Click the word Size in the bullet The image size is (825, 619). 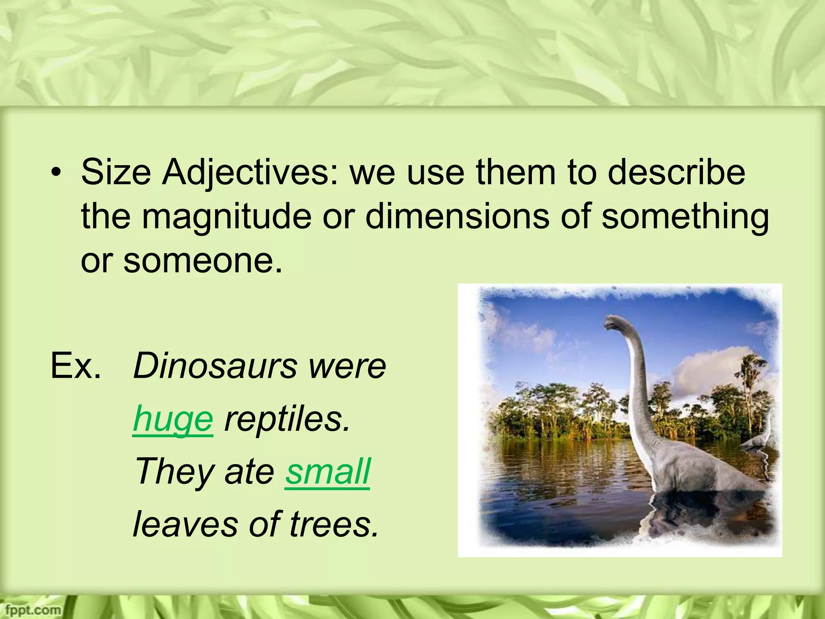pos(116,172)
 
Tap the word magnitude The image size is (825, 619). pos(226,216)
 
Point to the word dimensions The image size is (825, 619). pos(457,216)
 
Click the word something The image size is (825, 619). pos(685,216)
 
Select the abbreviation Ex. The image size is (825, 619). pos(75,366)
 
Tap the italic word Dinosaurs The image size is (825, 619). pos(214,366)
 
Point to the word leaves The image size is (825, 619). pos(185,524)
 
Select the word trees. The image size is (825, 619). pos(334,524)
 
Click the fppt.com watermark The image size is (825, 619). pos(31,610)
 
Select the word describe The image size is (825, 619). pos(676,172)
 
